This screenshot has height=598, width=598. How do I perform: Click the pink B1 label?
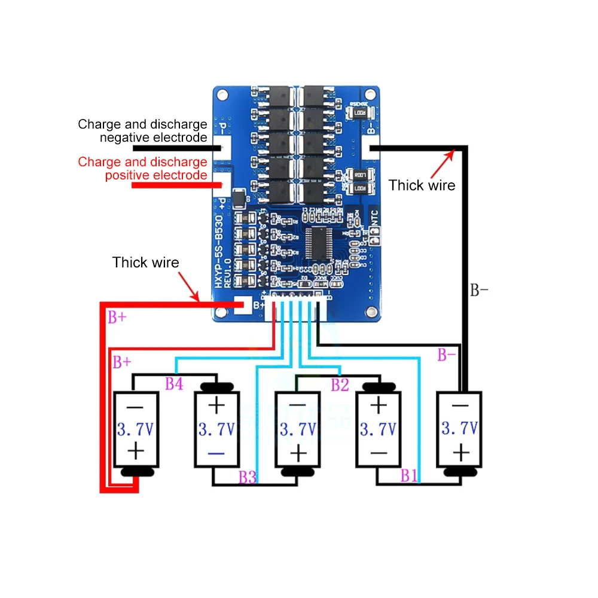point(409,476)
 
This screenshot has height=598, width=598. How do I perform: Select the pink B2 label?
point(340,385)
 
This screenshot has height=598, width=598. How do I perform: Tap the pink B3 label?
point(248,477)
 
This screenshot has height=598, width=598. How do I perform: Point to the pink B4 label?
point(174,384)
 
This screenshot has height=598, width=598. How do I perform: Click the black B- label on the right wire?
point(479,291)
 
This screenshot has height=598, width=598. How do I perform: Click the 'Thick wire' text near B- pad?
point(422,185)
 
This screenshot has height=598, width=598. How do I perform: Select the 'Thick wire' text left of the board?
point(146,262)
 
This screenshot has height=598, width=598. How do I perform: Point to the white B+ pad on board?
point(245,306)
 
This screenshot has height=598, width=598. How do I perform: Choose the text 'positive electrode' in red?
point(156,175)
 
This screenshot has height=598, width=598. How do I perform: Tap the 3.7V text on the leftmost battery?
point(136,429)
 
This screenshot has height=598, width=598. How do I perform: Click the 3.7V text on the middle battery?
point(297,429)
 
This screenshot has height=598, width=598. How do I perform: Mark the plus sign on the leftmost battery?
point(136,450)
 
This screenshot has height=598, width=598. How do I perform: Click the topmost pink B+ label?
point(117,318)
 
